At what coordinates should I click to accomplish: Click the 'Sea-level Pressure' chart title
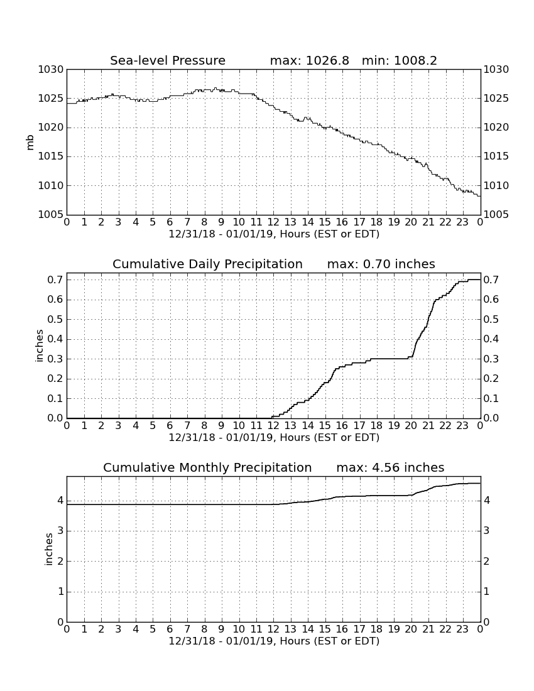(x=168, y=60)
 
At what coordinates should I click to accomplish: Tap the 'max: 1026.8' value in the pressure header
(x=309, y=60)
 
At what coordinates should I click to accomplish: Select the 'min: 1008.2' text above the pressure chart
(x=399, y=60)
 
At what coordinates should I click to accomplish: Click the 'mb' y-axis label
(x=30, y=143)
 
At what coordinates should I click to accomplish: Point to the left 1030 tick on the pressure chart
(x=50, y=70)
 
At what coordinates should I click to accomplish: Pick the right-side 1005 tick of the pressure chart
(x=496, y=215)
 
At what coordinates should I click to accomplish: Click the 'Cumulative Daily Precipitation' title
(x=207, y=264)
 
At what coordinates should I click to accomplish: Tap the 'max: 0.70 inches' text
(x=381, y=264)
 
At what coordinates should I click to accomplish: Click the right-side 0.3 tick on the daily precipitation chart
(x=491, y=359)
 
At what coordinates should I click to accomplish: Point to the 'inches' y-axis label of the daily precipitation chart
(x=39, y=346)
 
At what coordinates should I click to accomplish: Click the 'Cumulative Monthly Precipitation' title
(x=207, y=467)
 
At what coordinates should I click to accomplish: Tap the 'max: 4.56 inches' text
(x=390, y=467)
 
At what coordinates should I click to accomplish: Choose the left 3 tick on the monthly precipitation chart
(x=60, y=531)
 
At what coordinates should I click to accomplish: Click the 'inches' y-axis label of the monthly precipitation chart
(x=48, y=550)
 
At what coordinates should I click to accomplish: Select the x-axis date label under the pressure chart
(x=274, y=234)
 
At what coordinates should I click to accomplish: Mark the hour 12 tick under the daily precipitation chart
(x=273, y=426)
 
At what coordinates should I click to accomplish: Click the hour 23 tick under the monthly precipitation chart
(x=462, y=629)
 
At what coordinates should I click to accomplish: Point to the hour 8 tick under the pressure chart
(x=204, y=222)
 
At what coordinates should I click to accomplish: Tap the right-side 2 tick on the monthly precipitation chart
(x=486, y=561)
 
